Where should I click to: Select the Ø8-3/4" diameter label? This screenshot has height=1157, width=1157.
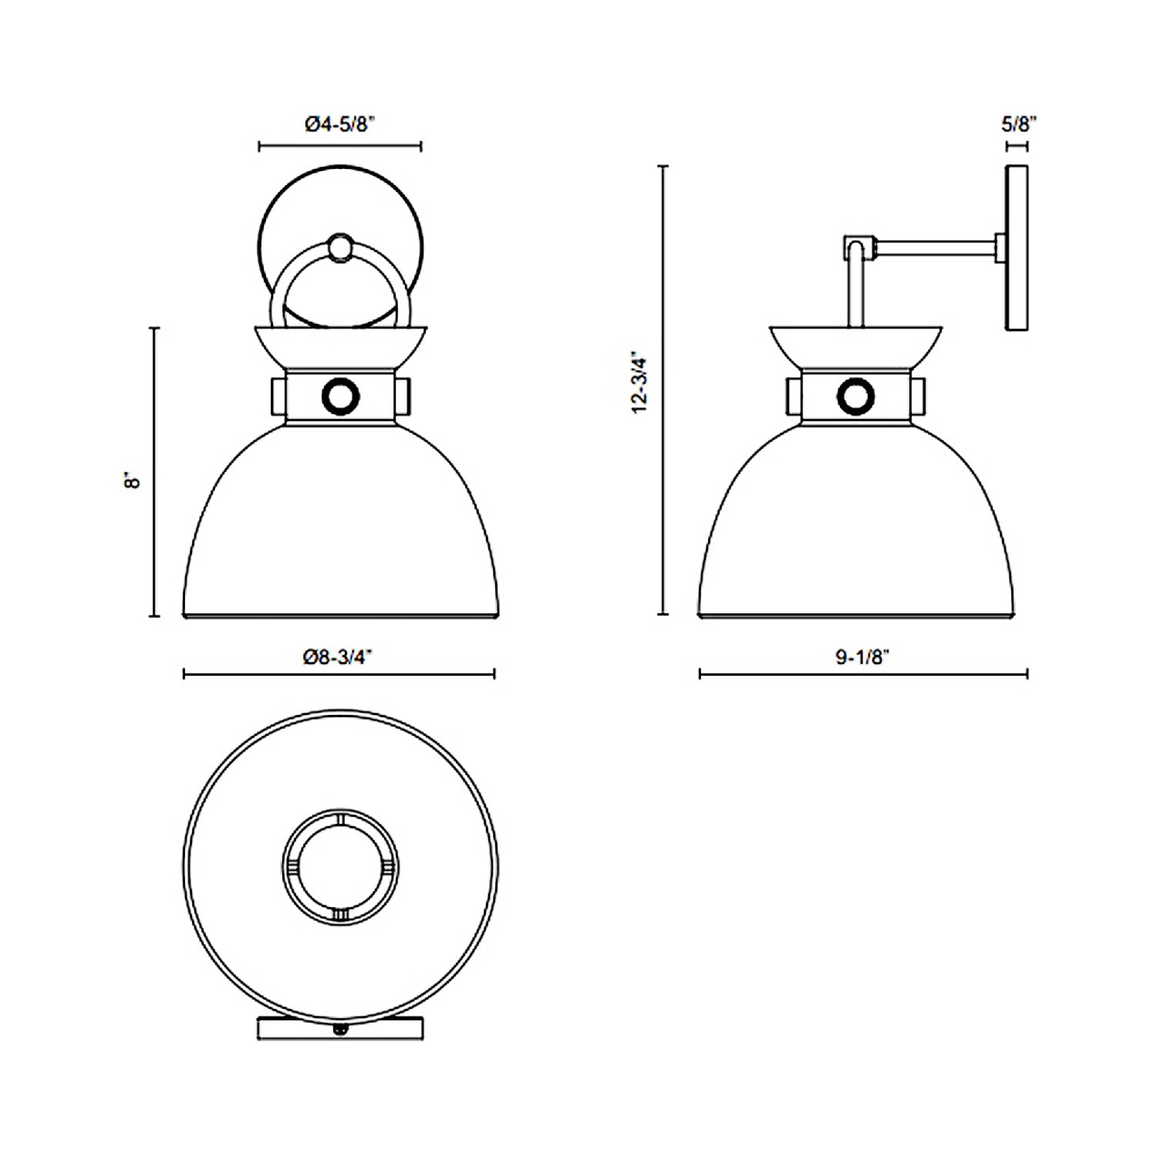pyautogui.click(x=339, y=657)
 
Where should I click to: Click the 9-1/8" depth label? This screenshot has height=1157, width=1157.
pyautogui.click(x=863, y=657)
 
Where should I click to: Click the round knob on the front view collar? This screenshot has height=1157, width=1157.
pyautogui.click(x=340, y=396)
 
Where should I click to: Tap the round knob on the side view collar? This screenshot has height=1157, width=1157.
pyautogui.click(x=855, y=396)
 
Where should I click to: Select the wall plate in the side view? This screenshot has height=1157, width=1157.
pyautogui.click(x=1017, y=248)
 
